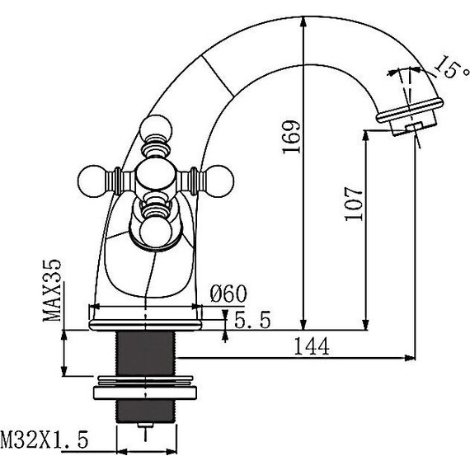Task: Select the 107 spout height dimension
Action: point(352,200)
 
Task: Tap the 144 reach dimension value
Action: point(311,347)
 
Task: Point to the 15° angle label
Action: point(445,68)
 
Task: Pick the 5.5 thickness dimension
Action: point(251,322)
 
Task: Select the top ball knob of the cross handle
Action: point(154,129)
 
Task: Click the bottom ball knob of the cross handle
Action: point(155,232)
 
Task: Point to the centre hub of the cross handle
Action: point(155,176)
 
